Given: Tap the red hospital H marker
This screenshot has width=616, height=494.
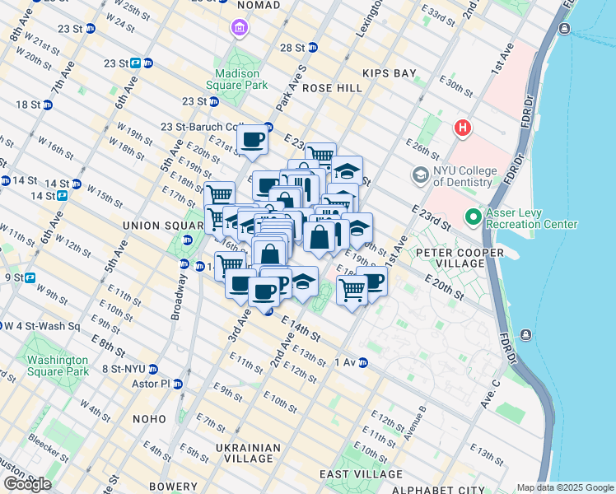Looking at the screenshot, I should coord(464,128).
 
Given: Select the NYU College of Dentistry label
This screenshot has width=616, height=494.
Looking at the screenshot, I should coord(465,176).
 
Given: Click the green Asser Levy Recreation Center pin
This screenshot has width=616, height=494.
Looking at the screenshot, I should coord(473,218).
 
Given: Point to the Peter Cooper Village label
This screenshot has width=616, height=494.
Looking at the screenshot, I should coord(450,257).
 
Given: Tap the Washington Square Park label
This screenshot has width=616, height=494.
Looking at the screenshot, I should coord(57,366).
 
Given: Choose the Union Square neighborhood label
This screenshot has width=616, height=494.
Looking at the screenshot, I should coord(156,226).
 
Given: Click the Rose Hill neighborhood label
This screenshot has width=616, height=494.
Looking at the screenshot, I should coord(332,88).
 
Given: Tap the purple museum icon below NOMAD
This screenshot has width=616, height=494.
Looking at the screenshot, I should coord(239,30).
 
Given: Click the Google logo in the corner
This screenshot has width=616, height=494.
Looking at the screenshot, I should coord(27,484).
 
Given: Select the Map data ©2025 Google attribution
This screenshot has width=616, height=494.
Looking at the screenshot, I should coord(565,487).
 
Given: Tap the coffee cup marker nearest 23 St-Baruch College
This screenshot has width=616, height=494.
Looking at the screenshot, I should coord(253,138).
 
